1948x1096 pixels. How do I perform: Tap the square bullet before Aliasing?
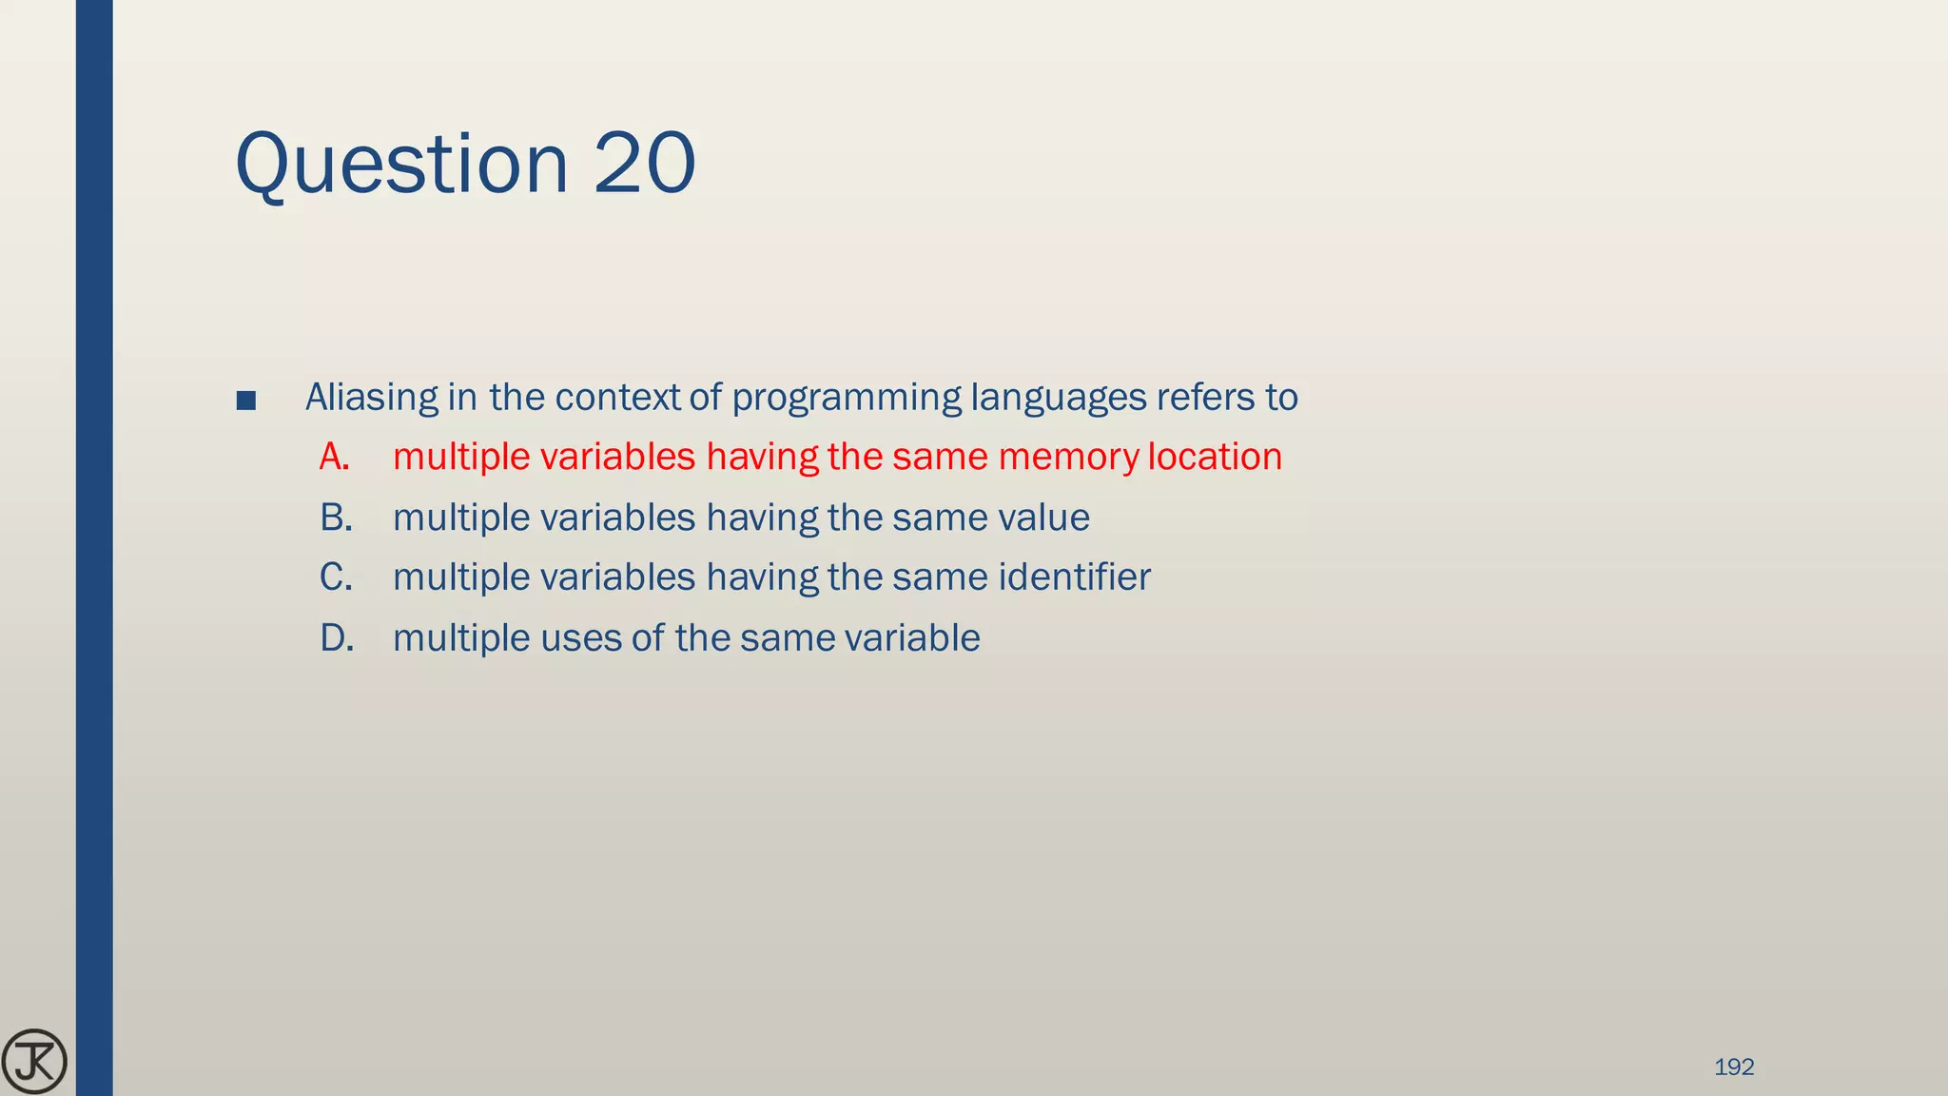pos(245,401)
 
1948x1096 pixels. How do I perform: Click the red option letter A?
pos(334,458)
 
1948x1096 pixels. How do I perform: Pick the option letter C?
pos(335,577)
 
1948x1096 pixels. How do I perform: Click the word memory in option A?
pos(1068,458)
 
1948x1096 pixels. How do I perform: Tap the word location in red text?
pos(1215,458)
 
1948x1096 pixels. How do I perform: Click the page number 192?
pos(1733,1067)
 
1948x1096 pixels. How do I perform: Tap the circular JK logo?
pos(34,1062)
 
